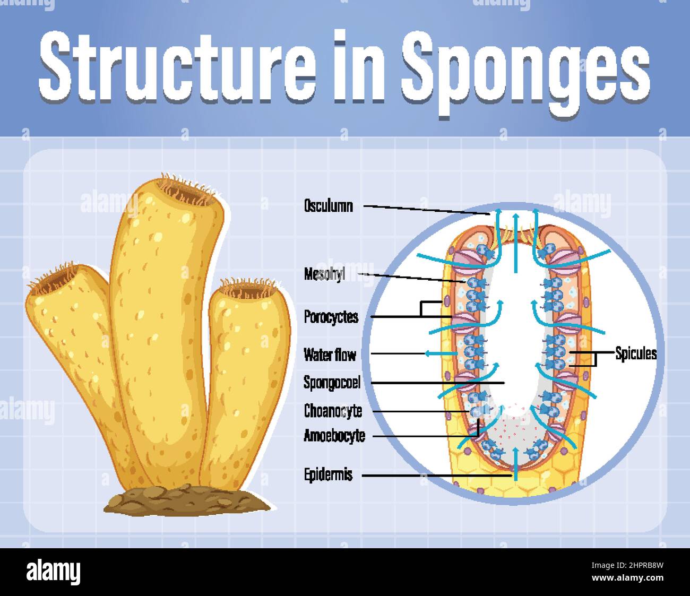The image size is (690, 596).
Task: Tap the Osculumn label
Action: click(328, 206)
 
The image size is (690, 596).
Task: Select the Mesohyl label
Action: click(324, 274)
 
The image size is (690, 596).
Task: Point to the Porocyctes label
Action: click(331, 317)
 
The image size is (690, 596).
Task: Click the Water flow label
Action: click(330, 354)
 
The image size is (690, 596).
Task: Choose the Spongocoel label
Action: click(332, 382)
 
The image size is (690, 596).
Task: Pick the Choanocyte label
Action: click(333, 411)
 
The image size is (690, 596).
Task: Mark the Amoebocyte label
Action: click(334, 436)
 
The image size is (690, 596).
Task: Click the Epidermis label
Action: click(328, 474)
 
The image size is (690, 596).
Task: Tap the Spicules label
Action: click(636, 353)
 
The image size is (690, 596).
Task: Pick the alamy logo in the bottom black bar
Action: click(53, 573)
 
